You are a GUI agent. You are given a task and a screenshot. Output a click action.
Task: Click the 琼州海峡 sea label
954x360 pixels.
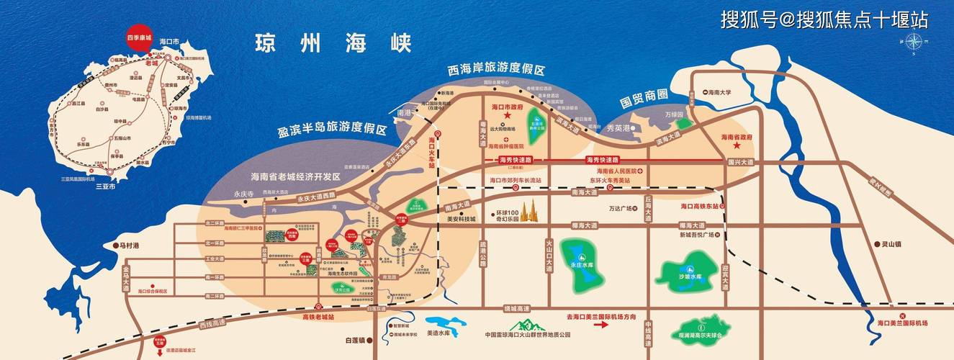332,42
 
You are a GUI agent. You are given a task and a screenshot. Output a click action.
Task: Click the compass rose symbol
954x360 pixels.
912,44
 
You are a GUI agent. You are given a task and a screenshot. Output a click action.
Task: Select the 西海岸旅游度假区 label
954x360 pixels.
496,71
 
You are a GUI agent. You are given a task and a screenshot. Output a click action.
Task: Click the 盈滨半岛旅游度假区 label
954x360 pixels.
333,132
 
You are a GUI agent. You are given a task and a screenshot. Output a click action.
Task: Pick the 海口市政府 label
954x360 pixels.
505,106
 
